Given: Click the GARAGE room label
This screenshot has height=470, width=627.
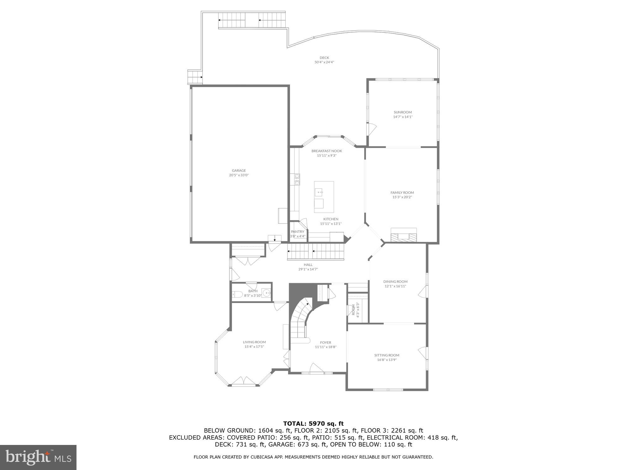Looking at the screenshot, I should (x=239, y=170).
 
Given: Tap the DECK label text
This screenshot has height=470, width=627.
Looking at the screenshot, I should (x=324, y=58).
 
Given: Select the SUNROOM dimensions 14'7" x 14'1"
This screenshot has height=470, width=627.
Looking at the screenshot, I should (x=403, y=117).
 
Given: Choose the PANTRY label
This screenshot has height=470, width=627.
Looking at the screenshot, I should (x=298, y=232).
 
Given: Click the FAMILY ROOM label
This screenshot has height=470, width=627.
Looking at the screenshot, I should (x=402, y=193).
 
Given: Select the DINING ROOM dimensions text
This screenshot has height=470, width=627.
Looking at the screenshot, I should (x=395, y=286).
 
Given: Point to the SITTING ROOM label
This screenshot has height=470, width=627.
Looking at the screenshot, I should (x=387, y=355).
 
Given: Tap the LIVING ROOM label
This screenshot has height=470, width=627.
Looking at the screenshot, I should (x=254, y=342).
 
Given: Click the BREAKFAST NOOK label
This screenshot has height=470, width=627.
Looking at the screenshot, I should (x=327, y=151).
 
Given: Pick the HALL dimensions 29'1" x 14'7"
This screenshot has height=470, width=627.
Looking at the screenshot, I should (x=308, y=269).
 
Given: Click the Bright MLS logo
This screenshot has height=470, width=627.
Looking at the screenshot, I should (x=38, y=457).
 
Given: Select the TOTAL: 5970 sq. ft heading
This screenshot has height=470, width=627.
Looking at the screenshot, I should (x=313, y=424).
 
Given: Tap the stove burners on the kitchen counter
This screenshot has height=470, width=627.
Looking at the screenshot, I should (x=297, y=179).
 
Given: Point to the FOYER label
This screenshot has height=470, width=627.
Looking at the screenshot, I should (x=325, y=342).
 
